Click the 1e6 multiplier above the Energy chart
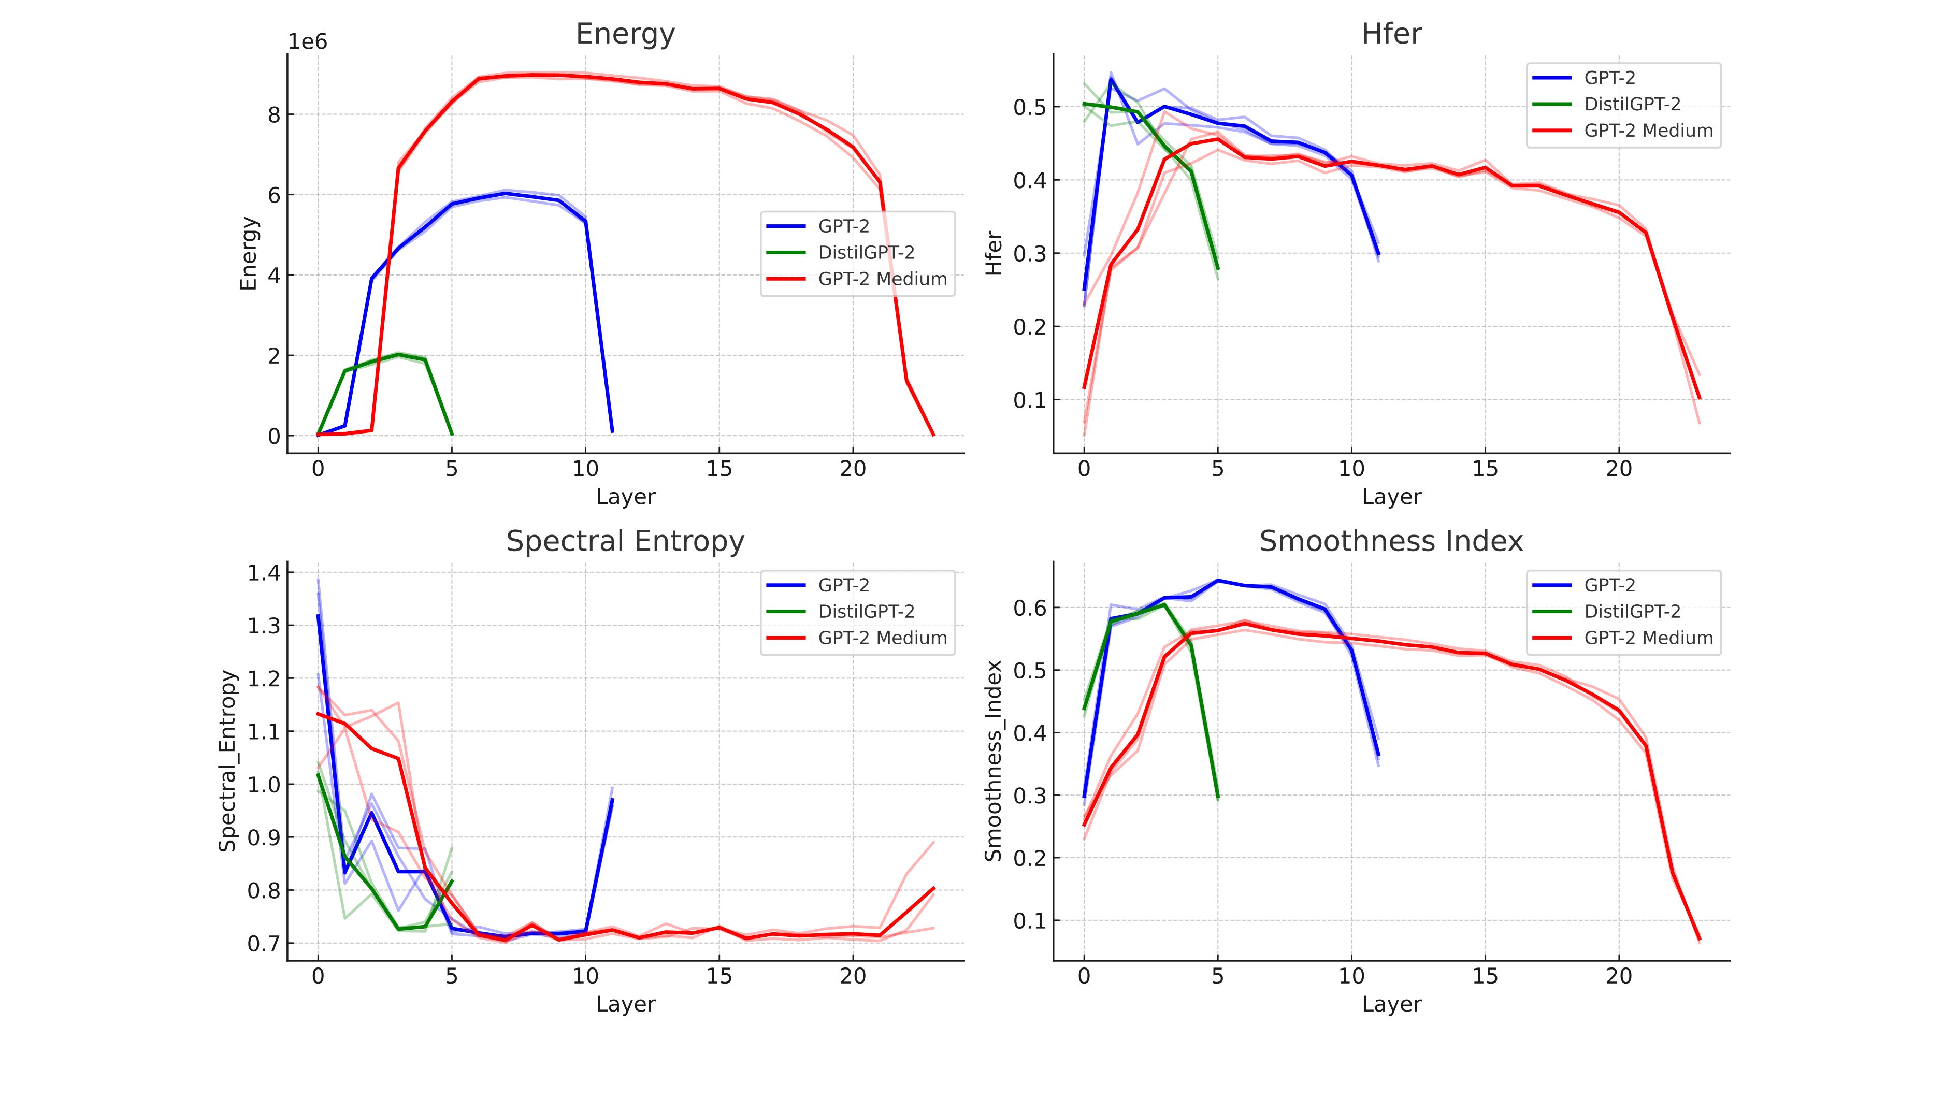[307, 41]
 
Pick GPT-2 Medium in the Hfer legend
[1648, 131]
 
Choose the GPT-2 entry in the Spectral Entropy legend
[844, 585]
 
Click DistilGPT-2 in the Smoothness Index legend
[1632, 612]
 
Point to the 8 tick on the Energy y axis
[273, 115]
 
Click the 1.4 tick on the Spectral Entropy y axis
[263, 573]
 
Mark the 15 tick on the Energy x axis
[719, 469]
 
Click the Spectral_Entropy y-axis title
[228, 761]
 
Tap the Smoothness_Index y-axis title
[994, 761]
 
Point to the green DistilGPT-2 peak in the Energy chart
[398, 354]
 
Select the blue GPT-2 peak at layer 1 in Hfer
[1111, 79]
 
